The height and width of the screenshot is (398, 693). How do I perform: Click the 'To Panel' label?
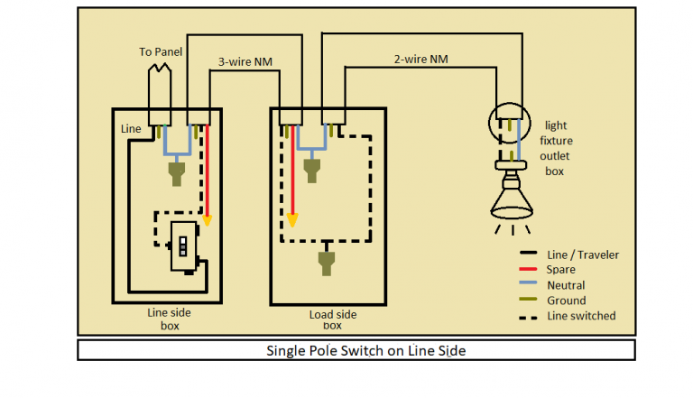161,52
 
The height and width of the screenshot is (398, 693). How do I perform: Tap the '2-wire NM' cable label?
420,59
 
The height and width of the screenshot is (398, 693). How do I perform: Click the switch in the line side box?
182,245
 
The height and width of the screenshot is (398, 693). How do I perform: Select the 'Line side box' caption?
169,318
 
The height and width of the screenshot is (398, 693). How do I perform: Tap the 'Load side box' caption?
331,320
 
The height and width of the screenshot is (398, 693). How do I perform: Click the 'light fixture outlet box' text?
556,148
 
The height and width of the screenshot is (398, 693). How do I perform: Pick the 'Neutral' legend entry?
565,285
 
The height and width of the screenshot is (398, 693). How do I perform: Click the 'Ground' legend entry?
566,301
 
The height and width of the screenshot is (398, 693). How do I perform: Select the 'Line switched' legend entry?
580,316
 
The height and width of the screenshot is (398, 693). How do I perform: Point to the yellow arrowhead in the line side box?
208,218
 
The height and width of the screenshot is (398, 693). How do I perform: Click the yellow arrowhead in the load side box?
292,219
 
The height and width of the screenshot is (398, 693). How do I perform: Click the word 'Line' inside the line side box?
131,129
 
